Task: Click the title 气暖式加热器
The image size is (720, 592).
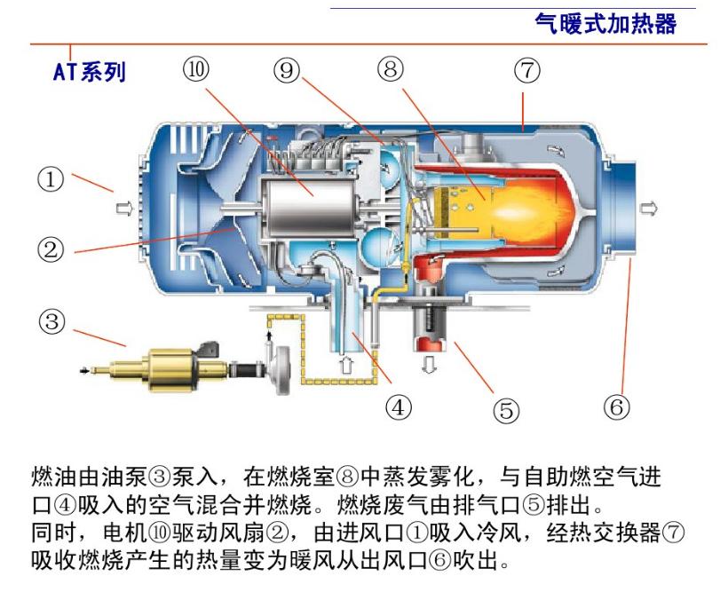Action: (x=605, y=23)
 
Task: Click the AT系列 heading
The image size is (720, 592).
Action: (x=89, y=72)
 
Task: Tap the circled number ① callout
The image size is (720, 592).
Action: (x=51, y=181)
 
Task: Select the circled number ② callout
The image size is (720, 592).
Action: (x=51, y=249)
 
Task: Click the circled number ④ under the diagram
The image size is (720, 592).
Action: (x=399, y=407)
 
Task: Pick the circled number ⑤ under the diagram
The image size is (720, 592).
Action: (x=505, y=409)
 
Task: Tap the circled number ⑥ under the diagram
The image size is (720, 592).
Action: (x=616, y=407)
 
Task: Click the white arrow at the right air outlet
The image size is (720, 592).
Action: (x=651, y=208)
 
